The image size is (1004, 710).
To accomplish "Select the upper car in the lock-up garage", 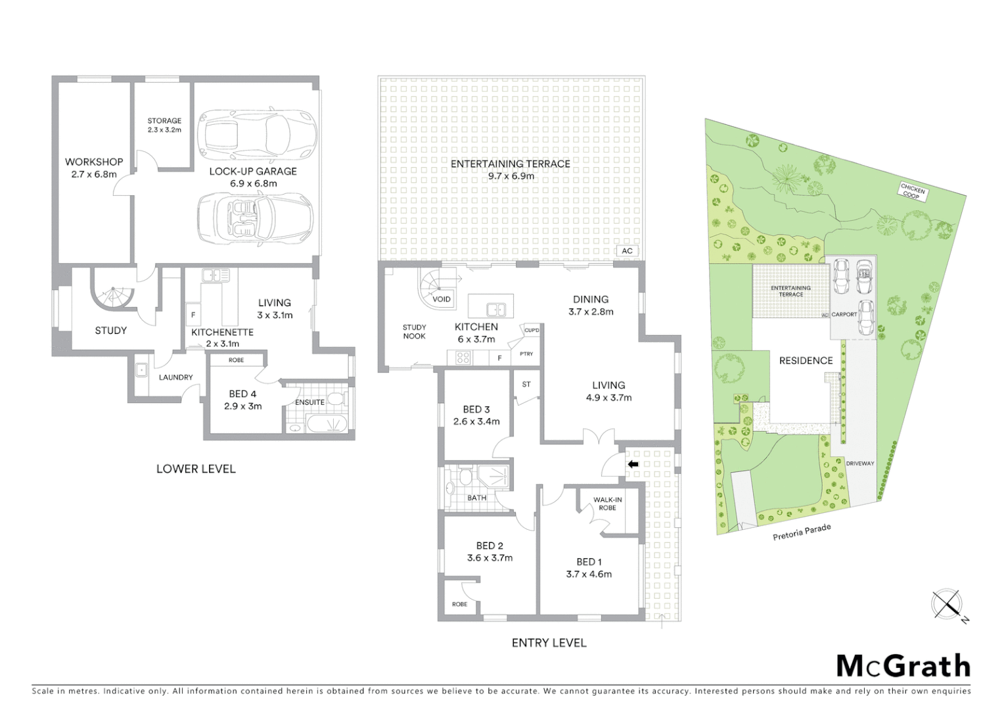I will click(256, 133).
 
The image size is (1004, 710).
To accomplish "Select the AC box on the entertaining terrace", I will click(627, 251).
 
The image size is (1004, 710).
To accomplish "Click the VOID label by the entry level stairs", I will click(442, 299).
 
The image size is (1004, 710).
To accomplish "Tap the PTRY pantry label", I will click(526, 354).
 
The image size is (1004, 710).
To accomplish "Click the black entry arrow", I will click(633, 464).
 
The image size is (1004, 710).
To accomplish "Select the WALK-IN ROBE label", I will click(607, 504).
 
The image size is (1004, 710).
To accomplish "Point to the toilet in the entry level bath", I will click(465, 477).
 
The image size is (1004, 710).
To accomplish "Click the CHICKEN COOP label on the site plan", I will click(912, 191).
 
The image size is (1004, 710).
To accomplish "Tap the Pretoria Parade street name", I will click(802, 532).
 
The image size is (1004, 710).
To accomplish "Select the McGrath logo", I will click(903, 666).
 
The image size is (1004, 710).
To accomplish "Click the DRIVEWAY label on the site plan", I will click(859, 463).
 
